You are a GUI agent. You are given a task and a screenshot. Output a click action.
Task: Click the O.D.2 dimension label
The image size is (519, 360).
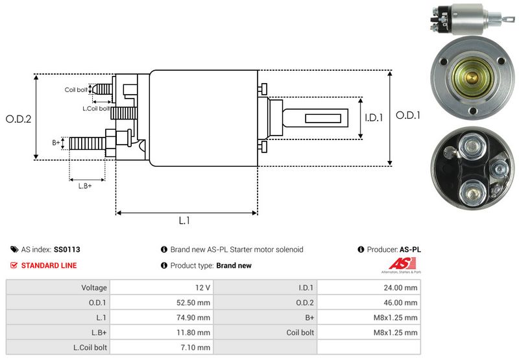tap(18, 119)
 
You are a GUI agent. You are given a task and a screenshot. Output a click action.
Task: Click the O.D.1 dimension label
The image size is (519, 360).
tap(409, 115)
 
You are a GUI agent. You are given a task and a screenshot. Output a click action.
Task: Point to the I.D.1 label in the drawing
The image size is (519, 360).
tap(374, 117)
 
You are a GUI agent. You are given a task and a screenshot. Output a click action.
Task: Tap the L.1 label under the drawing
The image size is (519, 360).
tap(184, 221)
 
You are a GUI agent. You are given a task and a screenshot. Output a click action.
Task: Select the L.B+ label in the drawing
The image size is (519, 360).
tap(85, 186)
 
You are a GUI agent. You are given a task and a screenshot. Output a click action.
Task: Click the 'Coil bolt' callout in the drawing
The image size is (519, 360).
tap(76, 90)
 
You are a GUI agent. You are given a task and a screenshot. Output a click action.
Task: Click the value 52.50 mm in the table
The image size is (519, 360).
tap(195, 302)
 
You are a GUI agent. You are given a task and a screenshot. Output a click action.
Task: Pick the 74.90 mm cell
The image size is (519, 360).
tap(195, 317)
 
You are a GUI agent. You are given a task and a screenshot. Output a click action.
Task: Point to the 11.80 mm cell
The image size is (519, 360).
tap(196, 332)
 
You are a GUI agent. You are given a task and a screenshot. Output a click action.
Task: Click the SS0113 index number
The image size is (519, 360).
tap(67, 249)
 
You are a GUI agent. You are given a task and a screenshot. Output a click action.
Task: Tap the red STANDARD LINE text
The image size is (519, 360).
tap(49, 265)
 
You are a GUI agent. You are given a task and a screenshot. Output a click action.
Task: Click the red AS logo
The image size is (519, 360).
tap(396, 265)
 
